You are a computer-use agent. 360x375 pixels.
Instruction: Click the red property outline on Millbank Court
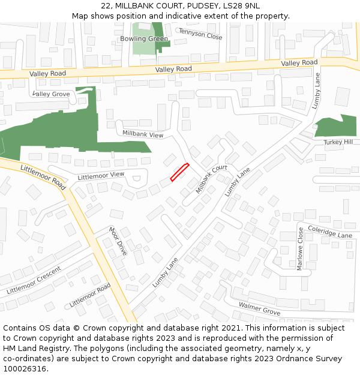[179, 172]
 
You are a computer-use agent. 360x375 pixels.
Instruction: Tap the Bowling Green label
[144, 39]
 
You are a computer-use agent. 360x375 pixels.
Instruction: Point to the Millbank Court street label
[211, 179]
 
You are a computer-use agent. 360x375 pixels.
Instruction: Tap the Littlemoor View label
[101, 175]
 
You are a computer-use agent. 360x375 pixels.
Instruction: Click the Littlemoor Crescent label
[34, 280]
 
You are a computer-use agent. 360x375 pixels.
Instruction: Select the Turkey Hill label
[338, 142]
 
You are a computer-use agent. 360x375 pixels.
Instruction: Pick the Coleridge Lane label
[329, 232]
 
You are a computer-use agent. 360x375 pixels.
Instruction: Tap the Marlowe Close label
[300, 248]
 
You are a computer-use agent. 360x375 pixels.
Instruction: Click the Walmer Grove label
[259, 309]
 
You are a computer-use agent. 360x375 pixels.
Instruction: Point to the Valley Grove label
[52, 94]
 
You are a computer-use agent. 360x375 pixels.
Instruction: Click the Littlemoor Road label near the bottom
[90, 296]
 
